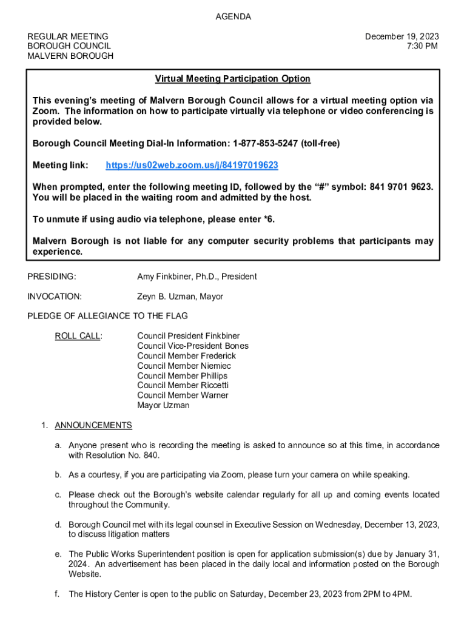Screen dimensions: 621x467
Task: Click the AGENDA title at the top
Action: (233, 17)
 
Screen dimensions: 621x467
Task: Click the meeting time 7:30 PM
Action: (422, 46)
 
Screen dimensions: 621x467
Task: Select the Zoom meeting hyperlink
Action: (192, 165)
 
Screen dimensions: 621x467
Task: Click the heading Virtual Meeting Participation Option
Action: (232, 79)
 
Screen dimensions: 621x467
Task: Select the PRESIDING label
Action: (52, 277)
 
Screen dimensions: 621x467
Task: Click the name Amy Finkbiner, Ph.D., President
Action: (197, 277)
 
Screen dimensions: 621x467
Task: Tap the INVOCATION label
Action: (55, 297)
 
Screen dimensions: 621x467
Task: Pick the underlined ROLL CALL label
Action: (78, 336)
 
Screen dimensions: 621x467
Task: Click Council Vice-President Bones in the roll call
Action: (192, 346)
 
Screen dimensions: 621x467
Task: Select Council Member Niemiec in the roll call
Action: (184, 366)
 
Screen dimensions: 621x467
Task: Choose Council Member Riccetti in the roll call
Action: (183, 385)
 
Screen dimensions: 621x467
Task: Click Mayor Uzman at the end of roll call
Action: (163, 405)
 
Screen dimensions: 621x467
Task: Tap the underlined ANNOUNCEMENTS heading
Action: (93, 425)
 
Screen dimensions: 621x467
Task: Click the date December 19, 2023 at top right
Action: (401, 36)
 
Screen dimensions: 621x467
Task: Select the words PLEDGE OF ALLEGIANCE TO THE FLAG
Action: (107, 316)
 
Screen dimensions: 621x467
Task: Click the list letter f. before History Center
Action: (57, 594)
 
